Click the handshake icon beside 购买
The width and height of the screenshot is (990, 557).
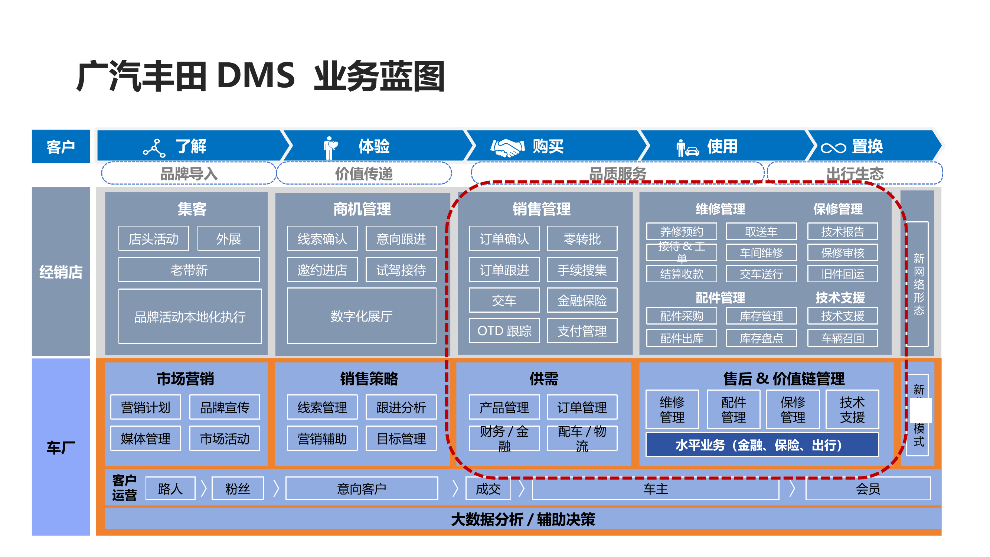coord(507,147)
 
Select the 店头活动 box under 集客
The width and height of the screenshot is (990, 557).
coord(153,239)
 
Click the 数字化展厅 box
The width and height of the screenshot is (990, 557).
coord(361,316)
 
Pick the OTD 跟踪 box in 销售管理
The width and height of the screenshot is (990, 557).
coord(504,330)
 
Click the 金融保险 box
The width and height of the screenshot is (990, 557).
coord(581,300)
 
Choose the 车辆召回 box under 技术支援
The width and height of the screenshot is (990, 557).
coord(842,338)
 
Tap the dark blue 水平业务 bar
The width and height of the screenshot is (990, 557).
coord(761,445)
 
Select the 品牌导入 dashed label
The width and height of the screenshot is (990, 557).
coord(188,173)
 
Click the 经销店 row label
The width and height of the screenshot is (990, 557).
coord(61,272)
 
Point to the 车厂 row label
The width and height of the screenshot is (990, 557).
coord(61,447)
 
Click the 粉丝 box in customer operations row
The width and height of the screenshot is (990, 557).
coord(238,489)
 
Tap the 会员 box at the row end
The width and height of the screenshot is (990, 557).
coord(868,489)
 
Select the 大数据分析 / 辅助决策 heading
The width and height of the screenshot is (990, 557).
coord(522,519)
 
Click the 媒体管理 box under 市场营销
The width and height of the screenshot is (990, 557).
coord(145,438)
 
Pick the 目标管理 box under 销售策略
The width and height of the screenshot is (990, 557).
coord(401,438)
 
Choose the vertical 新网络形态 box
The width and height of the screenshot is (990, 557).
coord(918,284)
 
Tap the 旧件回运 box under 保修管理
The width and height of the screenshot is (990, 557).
coord(842,274)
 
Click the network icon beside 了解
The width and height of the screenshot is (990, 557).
coord(154,149)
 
